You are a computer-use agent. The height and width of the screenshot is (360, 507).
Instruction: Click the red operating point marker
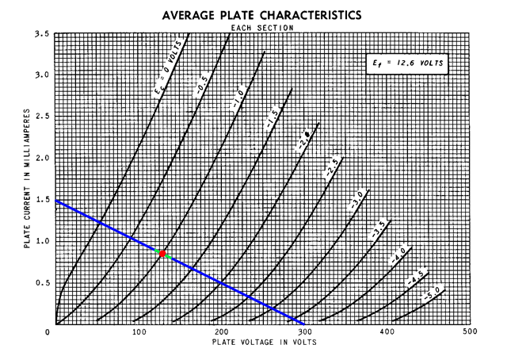coord(162,254)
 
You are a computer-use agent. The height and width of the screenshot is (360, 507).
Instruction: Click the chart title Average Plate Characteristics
coord(261,15)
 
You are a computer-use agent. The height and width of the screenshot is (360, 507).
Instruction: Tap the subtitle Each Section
coord(262,28)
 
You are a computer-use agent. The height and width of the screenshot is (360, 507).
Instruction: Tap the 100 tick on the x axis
coord(139,331)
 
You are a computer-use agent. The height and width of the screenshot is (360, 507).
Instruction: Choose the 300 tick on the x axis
coord(305,331)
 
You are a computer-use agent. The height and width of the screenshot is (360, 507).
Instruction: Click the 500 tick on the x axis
coord(469,331)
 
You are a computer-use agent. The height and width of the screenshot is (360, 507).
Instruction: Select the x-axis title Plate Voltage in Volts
coord(264,343)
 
